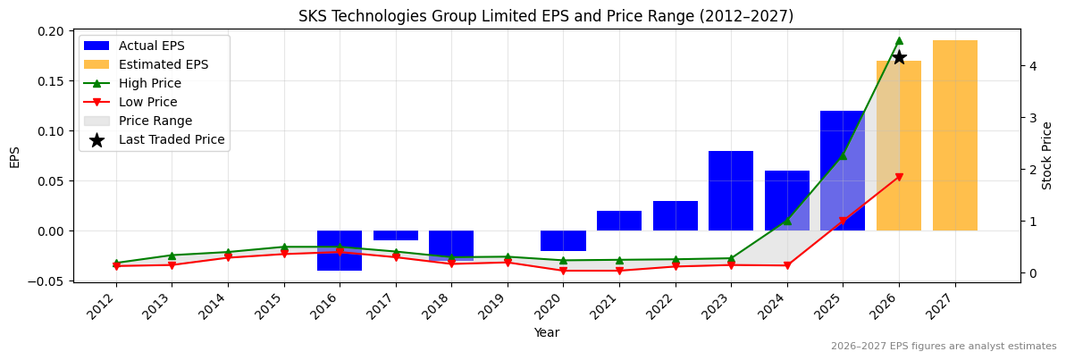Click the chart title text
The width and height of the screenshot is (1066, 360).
pyautogui.click(x=545, y=16)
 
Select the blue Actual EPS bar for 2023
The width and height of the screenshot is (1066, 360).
pyautogui.click(x=731, y=190)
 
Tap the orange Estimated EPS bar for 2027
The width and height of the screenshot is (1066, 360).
pyautogui.click(x=954, y=135)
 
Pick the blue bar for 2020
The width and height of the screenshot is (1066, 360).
pyautogui.click(x=563, y=240)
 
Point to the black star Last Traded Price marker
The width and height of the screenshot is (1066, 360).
pyautogui.click(x=899, y=57)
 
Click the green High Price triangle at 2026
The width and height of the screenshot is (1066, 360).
pyautogui.click(x=899, y=40)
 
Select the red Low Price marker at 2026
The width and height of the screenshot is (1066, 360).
pyautogui.click(x=899, y=177)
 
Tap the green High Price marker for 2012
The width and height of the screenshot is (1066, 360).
pyautogui.click(x=116, y=263)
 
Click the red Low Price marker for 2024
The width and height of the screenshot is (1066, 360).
pyautogui.click(x=787, y=265)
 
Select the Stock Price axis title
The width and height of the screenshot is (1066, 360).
pyautogui.click(x=1047, y=155)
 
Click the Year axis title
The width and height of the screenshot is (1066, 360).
pyautogui.click(x=546, y=333)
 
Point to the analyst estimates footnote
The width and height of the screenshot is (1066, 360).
pyautogui.click(x=943, y=347)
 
